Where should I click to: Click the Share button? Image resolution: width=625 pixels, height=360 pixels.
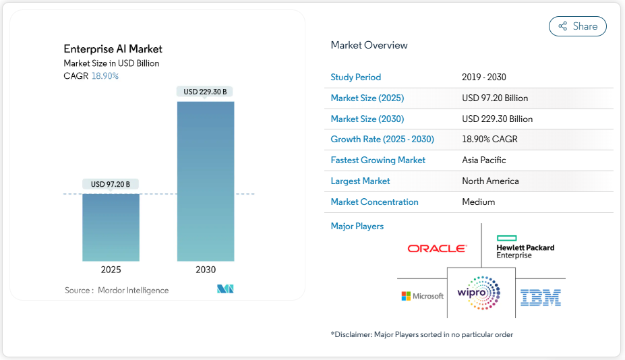578,26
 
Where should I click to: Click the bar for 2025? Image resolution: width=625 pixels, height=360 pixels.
111,227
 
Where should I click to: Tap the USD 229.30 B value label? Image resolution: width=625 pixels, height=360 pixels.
205,92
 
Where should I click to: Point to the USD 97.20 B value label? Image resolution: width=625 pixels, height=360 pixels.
111,184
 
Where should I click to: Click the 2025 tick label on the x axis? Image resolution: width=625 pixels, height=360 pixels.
111,270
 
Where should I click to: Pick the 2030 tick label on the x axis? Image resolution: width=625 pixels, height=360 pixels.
206,270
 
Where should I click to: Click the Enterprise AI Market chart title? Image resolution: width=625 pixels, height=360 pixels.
113,49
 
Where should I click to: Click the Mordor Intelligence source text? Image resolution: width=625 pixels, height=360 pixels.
133,290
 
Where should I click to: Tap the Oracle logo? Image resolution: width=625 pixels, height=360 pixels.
437,249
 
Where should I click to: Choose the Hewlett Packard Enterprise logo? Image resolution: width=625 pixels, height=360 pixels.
525,247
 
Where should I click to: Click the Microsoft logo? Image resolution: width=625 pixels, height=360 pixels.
423,296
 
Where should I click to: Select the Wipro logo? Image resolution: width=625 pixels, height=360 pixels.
481,293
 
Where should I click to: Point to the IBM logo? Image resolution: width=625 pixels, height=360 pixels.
541,297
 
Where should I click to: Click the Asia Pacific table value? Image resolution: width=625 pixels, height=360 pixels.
483,160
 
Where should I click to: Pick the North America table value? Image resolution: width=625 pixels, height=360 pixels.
490,181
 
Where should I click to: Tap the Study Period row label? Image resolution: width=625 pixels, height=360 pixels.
355,78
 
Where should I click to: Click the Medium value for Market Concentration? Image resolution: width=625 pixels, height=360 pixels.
478,202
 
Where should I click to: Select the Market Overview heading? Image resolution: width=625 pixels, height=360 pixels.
369,45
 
